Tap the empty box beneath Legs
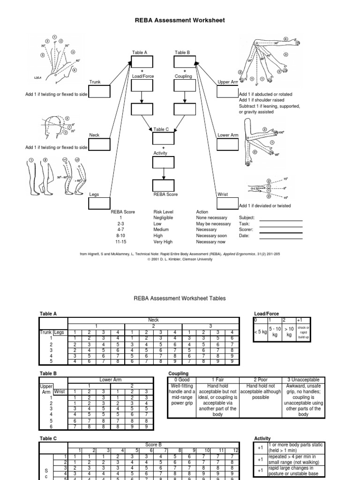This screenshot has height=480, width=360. [x=99, y=203]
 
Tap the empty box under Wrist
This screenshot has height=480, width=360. [x=228, y=203]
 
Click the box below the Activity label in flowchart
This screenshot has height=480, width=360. [x=163, y=163]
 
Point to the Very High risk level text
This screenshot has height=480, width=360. [x=163, y=242]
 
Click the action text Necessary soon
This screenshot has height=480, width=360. [x=211, y=236]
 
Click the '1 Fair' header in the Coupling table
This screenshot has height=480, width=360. [x=218, y=379]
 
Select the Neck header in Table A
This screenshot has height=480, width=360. [x=153, y=320]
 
